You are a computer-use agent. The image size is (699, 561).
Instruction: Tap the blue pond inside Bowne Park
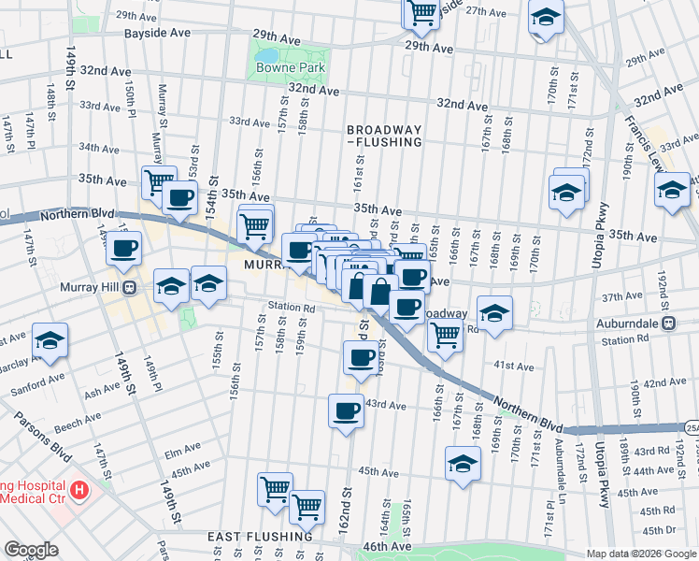[266, 53]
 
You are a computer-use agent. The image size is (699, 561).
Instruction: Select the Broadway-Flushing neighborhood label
[384, 136]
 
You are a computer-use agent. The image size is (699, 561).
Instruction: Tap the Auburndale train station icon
[669, 323]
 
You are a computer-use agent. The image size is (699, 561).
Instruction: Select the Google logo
[31, 550]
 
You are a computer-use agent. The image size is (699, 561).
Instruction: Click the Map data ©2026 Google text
[640, 554]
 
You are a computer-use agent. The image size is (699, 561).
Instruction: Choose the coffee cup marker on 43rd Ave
[347, 410]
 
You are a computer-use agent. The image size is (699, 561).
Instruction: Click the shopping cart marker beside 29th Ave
[421, 12]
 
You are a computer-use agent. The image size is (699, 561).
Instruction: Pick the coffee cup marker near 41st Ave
[361, 356]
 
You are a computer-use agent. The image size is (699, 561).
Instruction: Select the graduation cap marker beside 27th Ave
[546, 17]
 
